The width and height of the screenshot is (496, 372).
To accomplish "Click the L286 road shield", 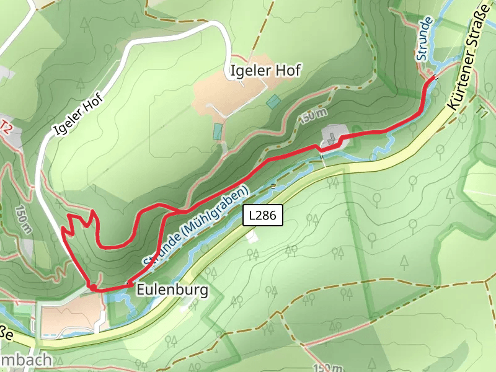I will (x=263, y=215).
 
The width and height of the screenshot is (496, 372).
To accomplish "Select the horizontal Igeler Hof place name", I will (x=265, y=71).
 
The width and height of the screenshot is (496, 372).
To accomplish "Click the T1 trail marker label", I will (x=483, y=111).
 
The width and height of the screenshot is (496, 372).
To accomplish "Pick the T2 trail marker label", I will (x=6, y=126).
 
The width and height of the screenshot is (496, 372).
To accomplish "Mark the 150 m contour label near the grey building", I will (x=313, y=115).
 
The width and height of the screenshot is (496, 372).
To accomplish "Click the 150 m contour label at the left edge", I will (x=24, y=218).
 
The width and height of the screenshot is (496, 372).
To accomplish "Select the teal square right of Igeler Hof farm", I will (x=273, y=101).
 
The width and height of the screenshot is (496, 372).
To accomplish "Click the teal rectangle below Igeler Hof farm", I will (x=218, y=131).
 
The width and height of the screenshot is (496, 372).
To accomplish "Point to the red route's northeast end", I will (x=432, y=77).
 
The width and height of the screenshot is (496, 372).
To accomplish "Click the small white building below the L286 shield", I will (x=250, y=236).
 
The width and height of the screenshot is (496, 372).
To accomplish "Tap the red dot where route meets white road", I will (x=92, y=287).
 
